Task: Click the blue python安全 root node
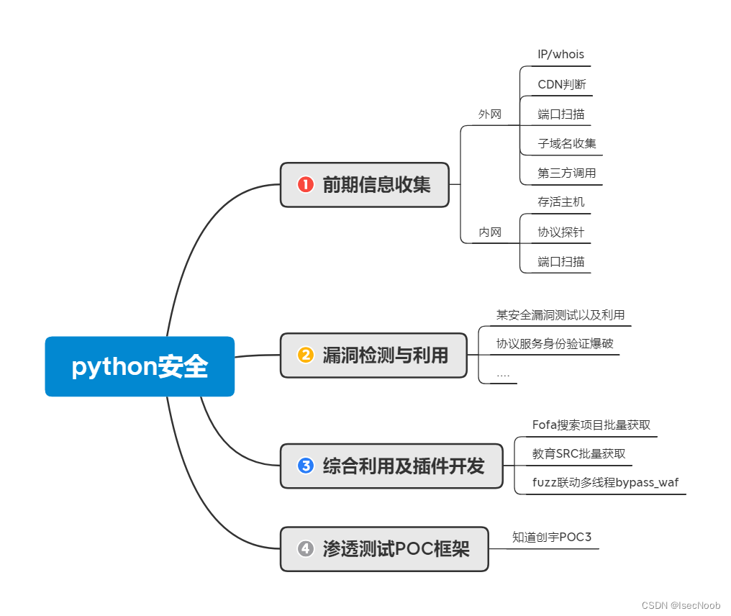coord(140,366)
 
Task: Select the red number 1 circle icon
coord(305,185)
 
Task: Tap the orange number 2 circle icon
coord(305,355)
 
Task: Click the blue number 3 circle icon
coord(305,466)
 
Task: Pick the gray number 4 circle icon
coord(305,549)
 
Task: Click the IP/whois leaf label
coord(560,55)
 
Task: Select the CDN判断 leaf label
coord(561,84)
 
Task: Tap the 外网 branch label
coord(490,114)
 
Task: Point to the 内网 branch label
coord(490,232)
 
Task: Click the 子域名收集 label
coord(567,143)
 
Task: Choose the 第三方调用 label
coord(566,173)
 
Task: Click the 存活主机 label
coord(560,202)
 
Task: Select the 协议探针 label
coord(560,232)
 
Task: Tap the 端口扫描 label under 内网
coord(560,261)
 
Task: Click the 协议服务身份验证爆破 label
coord(555,343)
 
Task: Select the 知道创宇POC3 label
coord(551,537)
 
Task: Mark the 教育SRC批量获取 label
coord(578,453)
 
